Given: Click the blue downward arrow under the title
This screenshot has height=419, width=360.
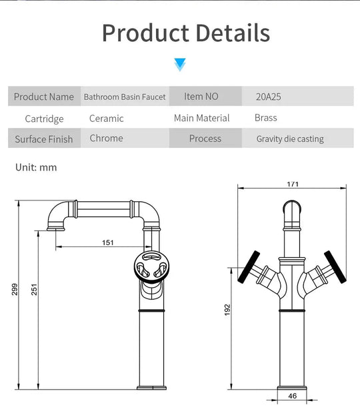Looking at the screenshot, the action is click(180, 65).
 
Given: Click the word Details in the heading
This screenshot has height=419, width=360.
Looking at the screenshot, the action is click(233, 33).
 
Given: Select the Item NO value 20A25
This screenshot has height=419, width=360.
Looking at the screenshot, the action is click(268, 97).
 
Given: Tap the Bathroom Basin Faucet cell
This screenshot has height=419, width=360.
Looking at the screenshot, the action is click(125, 97).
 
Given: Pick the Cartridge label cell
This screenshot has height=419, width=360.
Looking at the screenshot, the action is click(44, 119).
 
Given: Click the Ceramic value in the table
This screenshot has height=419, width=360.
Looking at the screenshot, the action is click(107, 118).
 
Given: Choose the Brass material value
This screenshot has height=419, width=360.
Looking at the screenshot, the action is click(265, 118).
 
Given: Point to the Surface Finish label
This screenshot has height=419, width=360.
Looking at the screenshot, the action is click(44, 139).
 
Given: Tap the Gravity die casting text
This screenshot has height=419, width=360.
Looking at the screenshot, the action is click(290, 139).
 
